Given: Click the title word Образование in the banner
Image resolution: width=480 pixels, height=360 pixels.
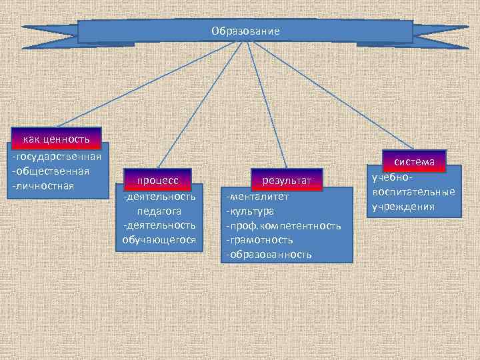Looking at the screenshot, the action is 245,31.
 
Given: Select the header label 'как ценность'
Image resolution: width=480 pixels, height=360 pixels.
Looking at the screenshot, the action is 56,139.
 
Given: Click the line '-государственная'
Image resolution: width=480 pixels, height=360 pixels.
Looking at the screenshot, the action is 56,156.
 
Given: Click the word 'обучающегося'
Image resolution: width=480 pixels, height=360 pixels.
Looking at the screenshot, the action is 159,239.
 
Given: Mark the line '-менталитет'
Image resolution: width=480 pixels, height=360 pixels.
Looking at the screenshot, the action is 257,197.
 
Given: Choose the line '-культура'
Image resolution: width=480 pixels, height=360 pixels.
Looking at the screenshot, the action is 250,211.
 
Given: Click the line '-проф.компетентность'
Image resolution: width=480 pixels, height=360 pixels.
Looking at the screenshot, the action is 283,226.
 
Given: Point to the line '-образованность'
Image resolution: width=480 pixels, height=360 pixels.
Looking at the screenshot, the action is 269,255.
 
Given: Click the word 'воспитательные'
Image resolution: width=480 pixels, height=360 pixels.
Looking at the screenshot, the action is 413,193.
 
